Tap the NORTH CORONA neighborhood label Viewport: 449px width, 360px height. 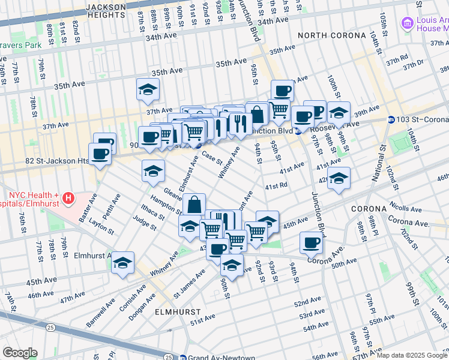331,35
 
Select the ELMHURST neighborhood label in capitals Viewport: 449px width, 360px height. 176,313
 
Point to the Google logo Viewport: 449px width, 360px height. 20,353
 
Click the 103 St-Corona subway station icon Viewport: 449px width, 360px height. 391,119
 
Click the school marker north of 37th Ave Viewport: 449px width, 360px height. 148,90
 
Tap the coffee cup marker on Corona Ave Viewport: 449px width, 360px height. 311,242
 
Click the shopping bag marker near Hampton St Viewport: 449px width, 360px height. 194,205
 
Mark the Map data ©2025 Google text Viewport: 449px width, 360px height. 412,355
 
